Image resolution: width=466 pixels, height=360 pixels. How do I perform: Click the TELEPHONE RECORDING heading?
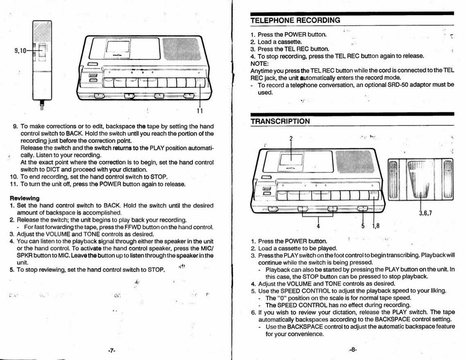click(295, 20)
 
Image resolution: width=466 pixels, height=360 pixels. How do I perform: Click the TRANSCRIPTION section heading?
click(280, 121)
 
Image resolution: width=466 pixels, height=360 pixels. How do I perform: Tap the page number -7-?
click(112, 350)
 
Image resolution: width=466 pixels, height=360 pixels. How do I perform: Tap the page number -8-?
click(352, 350)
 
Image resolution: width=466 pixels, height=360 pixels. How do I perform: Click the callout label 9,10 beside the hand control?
click(20, 50)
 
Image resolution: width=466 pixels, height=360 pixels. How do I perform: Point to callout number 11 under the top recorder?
click(200, 111)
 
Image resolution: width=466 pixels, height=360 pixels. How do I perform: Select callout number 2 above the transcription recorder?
click(291, 138)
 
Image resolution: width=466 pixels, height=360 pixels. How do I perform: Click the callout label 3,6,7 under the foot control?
click(425, 213)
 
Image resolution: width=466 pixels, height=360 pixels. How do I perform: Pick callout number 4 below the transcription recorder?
click(318, 226)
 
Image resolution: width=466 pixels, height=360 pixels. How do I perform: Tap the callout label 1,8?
click(376, 226)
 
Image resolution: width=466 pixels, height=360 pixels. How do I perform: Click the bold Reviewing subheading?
click(24, 198)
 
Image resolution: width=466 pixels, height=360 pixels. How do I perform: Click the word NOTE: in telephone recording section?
click(259, 63)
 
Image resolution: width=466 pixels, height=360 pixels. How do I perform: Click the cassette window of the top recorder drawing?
click(118, 47)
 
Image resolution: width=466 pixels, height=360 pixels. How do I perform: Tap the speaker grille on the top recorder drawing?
click(181, 49)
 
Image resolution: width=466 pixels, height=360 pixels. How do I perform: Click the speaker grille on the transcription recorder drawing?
click(354, 162)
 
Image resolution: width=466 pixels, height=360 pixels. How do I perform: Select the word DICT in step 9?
click(53, 170)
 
